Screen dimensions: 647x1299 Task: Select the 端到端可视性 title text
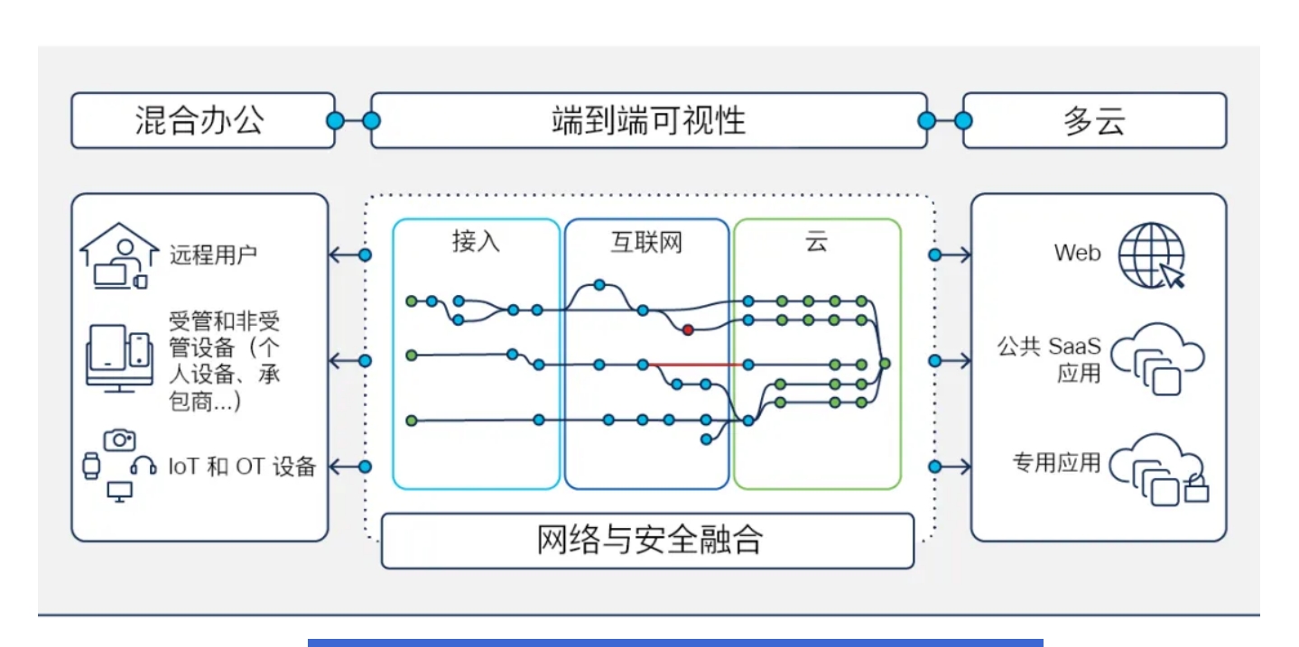point(648,120)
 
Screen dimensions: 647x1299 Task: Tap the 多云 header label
point(1094,121)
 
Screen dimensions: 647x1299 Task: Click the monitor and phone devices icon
point(118,357)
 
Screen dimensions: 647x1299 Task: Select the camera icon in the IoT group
point(119,439)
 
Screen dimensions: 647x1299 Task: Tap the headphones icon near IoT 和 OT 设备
point(144,466)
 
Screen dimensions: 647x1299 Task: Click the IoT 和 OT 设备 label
point(242,467)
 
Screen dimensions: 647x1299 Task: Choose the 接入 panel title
point(476,242)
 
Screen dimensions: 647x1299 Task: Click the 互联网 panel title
point(646,242)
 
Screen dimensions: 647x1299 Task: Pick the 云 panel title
point(816,242)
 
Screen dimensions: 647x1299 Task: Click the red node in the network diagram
point(688,330)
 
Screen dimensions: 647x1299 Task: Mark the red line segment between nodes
point(696,365)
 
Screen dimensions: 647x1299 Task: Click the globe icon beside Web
point(1151,254)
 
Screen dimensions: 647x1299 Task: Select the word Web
point(1077,254)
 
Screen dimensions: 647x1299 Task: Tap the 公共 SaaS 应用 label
point(1049,359)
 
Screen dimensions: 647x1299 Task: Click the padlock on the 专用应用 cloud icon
point(1196,490)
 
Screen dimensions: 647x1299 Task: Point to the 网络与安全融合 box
point(648,541)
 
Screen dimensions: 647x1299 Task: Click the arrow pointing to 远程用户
point(343,255)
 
